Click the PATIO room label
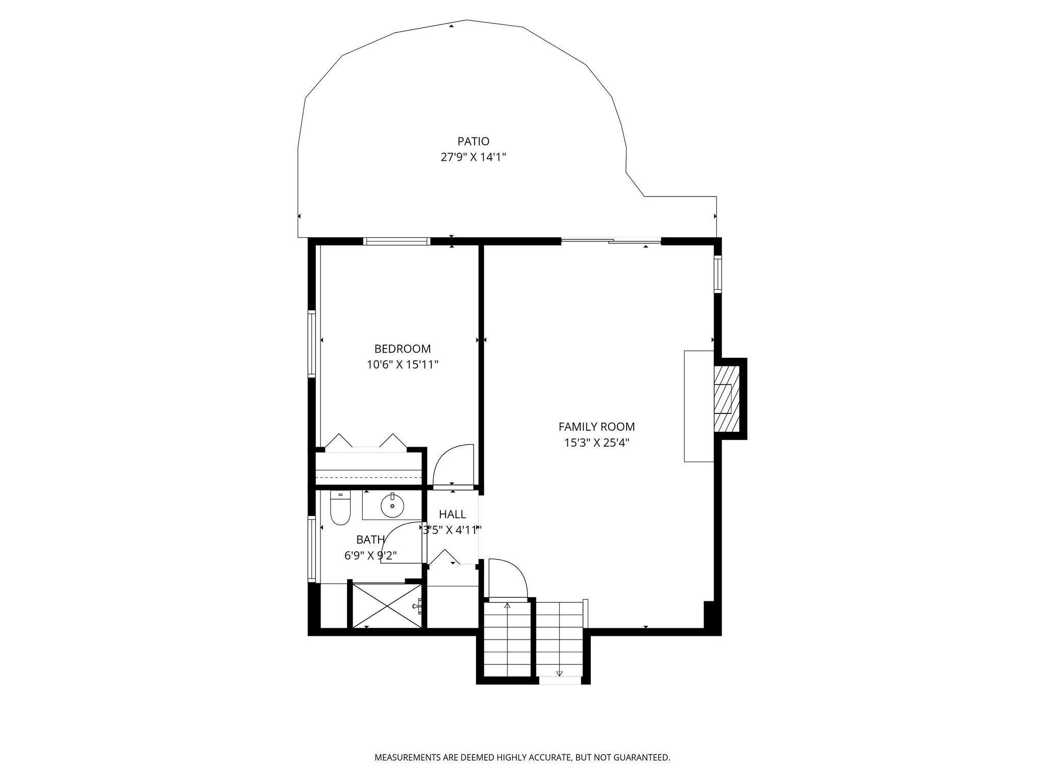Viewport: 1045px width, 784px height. click(473, 141)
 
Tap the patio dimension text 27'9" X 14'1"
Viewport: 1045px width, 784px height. click(473, 157)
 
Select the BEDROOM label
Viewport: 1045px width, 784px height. click(403, 349)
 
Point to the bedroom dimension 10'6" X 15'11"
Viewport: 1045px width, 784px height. click(403, 365)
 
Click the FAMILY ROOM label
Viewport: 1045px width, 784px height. click(596, 427)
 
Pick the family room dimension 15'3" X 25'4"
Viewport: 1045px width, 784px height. click(596, 443)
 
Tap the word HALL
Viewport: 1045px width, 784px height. click(453, 514)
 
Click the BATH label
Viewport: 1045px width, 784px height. click(370, 540)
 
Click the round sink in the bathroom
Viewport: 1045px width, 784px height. click(392, 505)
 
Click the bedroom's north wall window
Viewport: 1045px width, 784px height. click(397, 241)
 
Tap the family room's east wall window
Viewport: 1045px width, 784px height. click(718, 274)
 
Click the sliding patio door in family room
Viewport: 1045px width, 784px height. click(611, 241)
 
